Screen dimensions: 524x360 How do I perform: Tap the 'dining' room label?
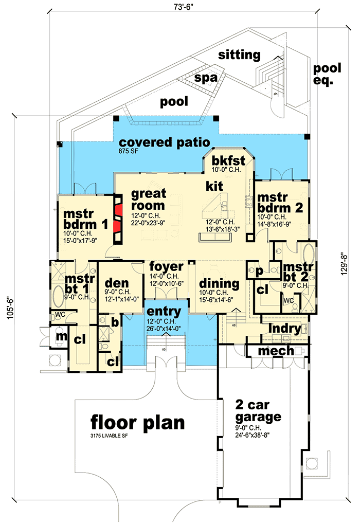219,283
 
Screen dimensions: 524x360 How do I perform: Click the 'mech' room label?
276,351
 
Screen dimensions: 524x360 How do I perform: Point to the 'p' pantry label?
259,270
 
